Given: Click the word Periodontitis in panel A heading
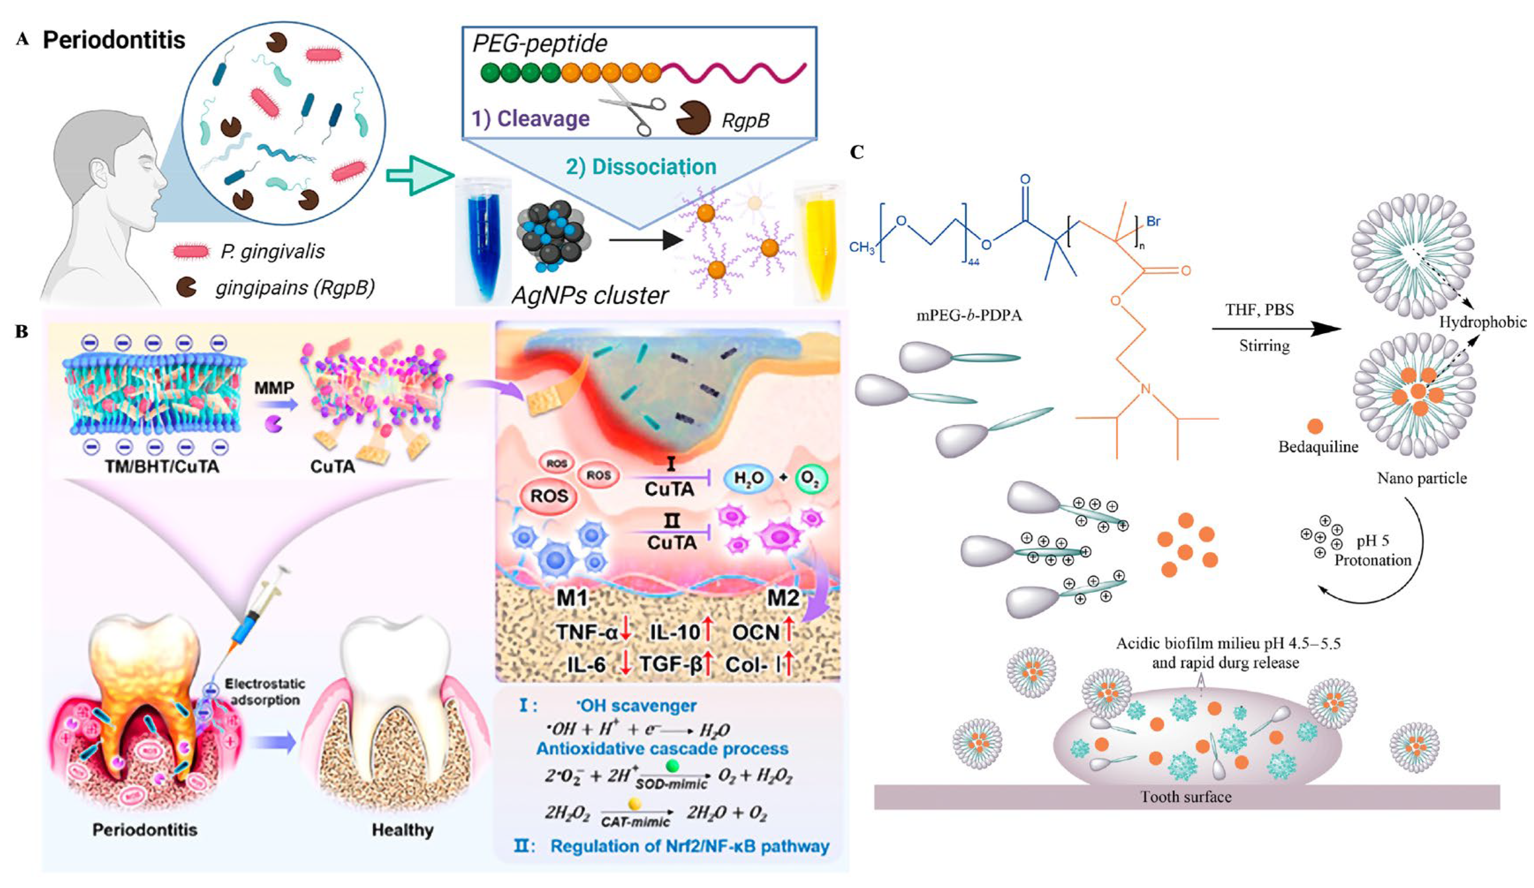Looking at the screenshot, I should coord(114,40).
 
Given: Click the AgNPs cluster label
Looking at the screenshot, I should coord(589,295).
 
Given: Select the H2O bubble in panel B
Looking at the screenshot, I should coord(748,479).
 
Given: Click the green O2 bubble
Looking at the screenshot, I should coord(809,479).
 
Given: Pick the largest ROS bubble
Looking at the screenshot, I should coord(548,496).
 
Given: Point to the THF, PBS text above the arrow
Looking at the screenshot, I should coord(1260,310).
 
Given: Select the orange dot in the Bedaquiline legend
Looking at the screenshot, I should coord(1315,426).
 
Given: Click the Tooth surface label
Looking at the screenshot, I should coord(1186,797).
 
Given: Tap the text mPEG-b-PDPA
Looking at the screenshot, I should coord(969,315).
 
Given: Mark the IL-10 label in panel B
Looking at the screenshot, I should coord(675,632).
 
